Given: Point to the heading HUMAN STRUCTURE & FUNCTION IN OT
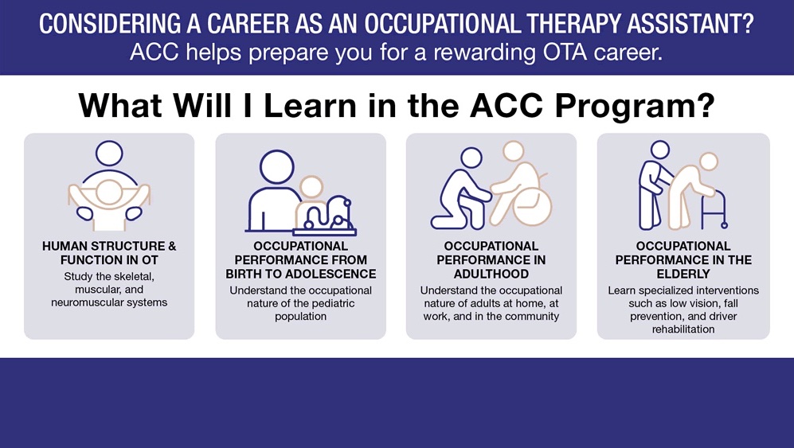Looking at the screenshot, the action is [109, 253].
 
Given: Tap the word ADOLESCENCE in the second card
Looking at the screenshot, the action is [331, 274].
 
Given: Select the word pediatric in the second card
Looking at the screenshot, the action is [332, 304].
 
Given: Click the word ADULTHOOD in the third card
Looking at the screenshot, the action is [491, 274].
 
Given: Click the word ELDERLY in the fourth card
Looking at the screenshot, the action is [683, 274].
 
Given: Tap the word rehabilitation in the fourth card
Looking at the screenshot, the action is [683, 329].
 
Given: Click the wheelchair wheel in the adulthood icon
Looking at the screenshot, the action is [532, 208].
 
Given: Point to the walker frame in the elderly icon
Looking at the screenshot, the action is [715, 209].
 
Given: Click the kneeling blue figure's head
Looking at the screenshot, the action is [471, 158].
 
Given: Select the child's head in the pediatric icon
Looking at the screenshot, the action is [311, 187].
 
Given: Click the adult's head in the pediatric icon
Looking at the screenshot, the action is [277, 167].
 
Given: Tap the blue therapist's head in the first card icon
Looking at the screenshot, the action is [109, 154].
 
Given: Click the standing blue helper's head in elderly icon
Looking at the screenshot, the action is [660, 150].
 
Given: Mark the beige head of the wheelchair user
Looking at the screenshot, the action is [514, 151].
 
